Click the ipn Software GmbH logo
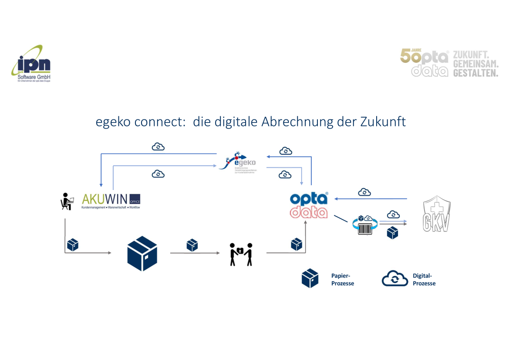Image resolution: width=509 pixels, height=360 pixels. click(x=31, y=64)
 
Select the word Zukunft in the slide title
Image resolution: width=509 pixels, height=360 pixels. click(x=383, y=122)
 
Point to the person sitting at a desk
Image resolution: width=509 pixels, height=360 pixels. click(x=67, y=201)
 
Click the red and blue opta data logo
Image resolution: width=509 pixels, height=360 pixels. click(x=309, y=205)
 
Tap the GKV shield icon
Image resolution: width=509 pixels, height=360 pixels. click(x=437, y=216)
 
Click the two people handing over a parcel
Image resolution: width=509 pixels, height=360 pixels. click(x=241, y=254)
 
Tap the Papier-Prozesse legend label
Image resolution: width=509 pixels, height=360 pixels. click(x=342, y=279)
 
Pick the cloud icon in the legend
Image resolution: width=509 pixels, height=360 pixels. click(x=394, y=279)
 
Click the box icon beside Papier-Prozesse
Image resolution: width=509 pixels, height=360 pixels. click(x=310, y=278)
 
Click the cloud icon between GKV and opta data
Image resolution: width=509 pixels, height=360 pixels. click(x=364, y=192)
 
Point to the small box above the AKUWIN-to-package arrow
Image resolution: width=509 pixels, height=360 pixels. click(x=73, y=245)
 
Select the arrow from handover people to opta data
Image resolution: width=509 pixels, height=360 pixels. click(x=287, y=251)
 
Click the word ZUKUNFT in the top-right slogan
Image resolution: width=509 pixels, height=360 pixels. click(x=470, y=55)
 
